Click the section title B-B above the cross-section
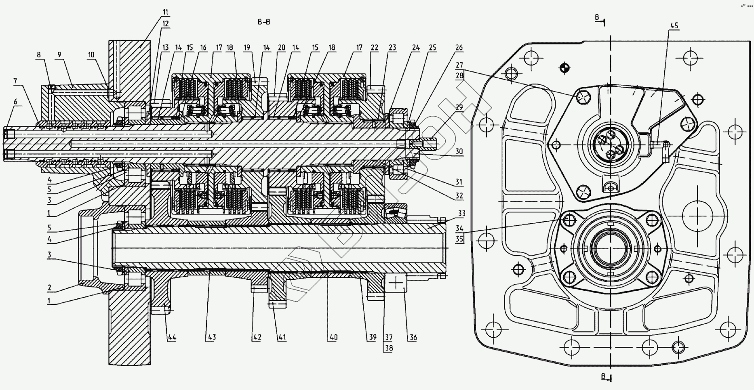264,22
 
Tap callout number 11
166,12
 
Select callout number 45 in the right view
674,25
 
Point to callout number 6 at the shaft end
15,102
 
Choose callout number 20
282,48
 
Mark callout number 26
459,48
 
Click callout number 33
461,213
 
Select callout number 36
413,337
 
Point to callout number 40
333,337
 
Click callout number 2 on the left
49,287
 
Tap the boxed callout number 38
389,348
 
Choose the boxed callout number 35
459,239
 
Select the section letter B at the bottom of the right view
603,376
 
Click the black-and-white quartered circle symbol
565,68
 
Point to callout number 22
374,48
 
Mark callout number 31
459,182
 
